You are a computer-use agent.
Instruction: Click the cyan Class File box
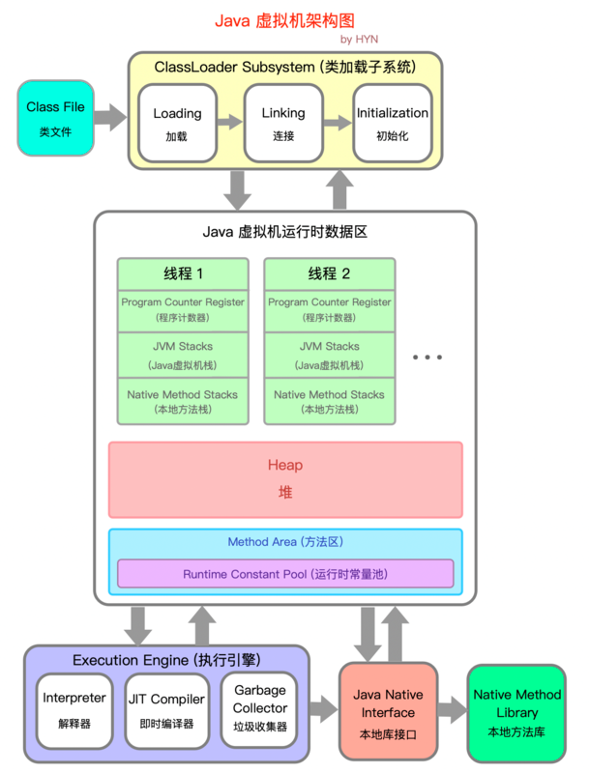point(55,118)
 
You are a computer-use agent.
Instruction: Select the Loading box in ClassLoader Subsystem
point(177,123)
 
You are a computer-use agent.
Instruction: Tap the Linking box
point(283,123)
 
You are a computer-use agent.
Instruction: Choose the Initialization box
point(392,123)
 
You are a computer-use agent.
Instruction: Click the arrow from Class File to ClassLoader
point(111,119)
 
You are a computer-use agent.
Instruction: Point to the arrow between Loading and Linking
point(230,123)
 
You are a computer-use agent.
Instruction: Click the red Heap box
point(285,479)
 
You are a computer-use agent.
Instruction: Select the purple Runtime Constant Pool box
point(285,574)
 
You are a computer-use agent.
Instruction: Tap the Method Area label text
point(285,542)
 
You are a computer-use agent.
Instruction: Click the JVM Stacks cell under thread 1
point(182,355)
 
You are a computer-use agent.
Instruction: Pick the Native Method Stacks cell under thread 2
point(329,401)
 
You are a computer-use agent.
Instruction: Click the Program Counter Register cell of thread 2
point(329,308)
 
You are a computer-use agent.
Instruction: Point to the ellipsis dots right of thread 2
point(427,358)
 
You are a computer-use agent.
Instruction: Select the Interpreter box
point(74,709)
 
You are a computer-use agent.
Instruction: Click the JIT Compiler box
point(165,709)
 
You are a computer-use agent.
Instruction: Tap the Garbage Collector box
point(260,709)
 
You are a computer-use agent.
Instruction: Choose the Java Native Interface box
point(388,710)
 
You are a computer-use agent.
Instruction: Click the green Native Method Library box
point(516,712)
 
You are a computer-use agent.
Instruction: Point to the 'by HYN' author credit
point(360,39)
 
